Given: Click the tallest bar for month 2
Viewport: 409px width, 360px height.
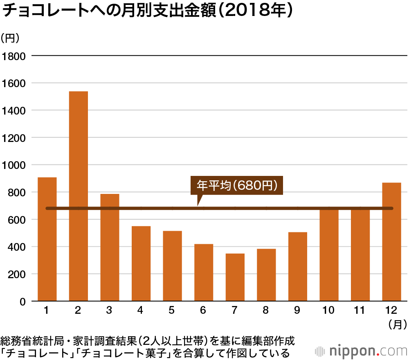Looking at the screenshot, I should tap(78, 196).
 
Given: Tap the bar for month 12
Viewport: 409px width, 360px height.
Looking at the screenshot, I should tap(391, 242).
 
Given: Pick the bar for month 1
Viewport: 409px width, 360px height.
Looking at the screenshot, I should tap(47, 239).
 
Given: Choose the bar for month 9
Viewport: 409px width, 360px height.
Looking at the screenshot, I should tap(297, 266).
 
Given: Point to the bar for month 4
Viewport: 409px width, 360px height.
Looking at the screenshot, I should tap(141, 263).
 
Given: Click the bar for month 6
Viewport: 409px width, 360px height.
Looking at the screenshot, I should tap(204, 272).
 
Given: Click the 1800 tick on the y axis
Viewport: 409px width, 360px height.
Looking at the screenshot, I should tap(13, 56).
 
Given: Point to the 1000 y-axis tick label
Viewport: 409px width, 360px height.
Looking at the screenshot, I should tap(13, 165).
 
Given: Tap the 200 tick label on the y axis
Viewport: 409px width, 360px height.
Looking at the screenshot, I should tap(16, 274).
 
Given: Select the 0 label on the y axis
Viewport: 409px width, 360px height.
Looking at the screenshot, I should tap(23, 301).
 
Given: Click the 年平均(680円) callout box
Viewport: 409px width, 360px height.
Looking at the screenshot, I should tap(237, 185).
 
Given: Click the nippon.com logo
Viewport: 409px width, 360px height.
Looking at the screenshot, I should tap(362, 351).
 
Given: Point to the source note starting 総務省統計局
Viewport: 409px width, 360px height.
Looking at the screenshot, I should tap(147, 340).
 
